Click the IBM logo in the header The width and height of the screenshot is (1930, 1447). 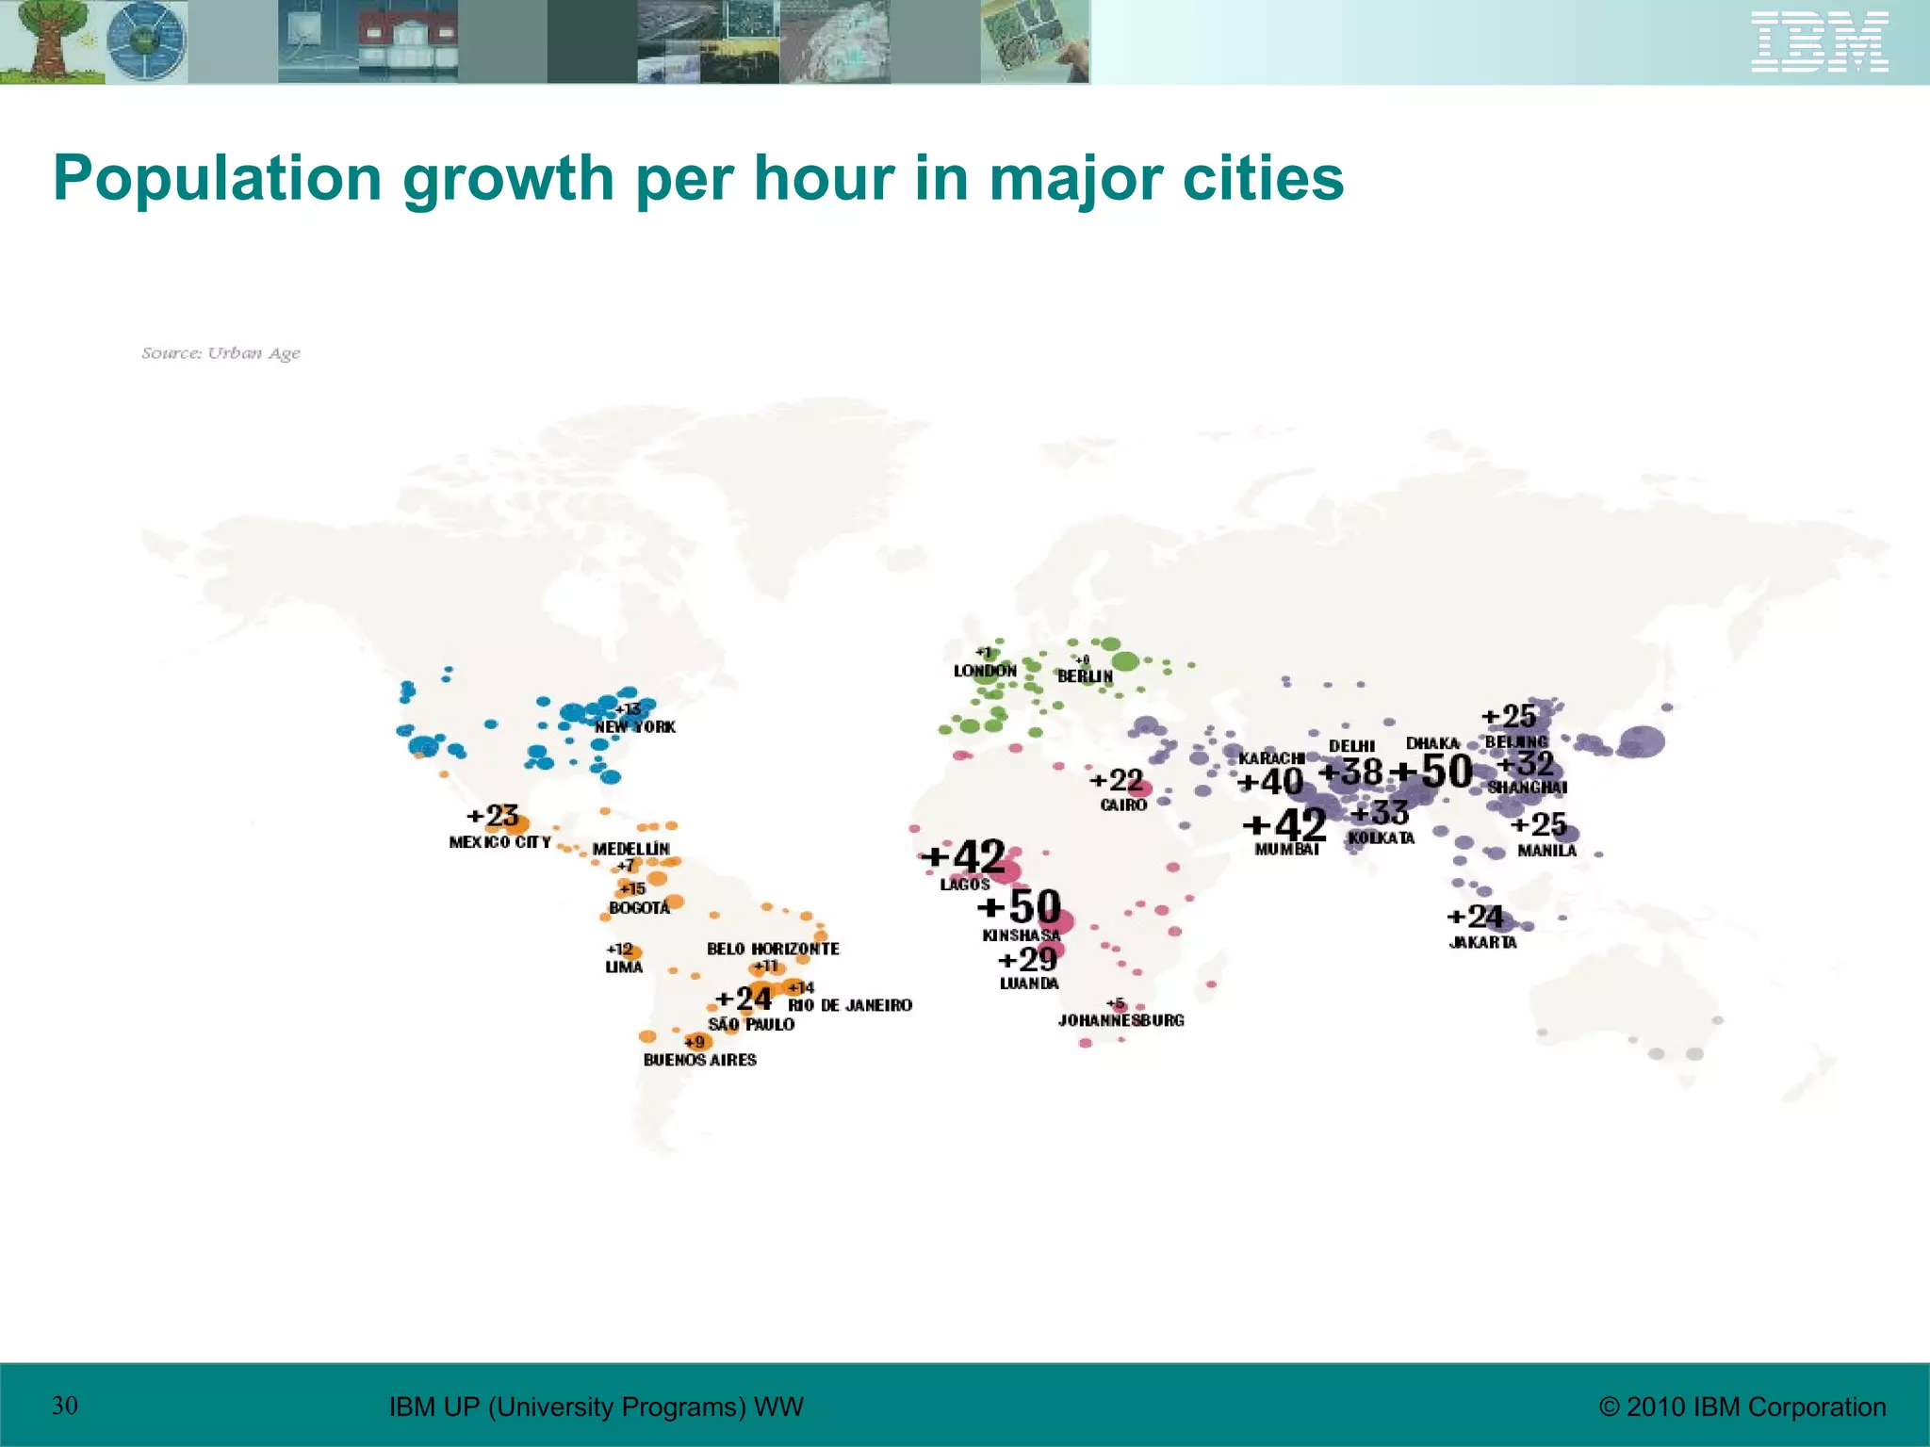point(1819,41)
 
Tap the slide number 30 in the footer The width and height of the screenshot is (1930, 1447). point(65,1406)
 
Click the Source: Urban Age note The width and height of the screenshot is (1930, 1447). point(221,353)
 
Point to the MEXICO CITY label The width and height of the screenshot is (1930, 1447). point(499,842)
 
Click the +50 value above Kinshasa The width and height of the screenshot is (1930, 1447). point(1020,906)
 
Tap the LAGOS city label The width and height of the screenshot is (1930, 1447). point(965,885)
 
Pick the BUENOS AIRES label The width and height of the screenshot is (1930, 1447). point(699,1060)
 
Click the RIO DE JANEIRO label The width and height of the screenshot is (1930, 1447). point(850,1006)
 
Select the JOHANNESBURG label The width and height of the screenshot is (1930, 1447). point(1120,1020)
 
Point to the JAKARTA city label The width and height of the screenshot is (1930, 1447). point(1482,943)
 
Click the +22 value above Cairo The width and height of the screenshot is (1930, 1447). point(1117,781)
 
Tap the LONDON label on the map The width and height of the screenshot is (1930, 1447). point(985,671)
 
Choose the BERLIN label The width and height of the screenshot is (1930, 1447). point(1085,676)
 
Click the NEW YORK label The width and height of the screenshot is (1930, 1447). point(634,727)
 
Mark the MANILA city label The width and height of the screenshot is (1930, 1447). point(1546,851)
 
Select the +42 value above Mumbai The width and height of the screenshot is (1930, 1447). point(1285,825)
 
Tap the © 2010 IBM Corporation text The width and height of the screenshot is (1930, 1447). point(1742,1406)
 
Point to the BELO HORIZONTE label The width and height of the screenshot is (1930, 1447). point(773,949)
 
